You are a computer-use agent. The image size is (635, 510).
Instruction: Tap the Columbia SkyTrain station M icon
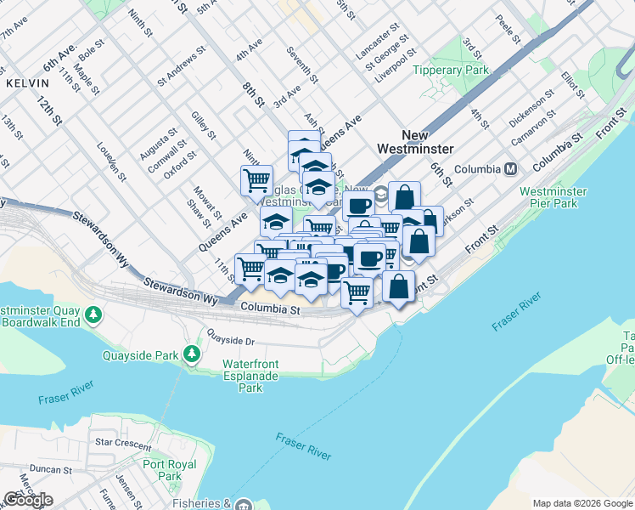click(511, 169)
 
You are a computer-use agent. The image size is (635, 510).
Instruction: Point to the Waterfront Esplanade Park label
click(250, 376)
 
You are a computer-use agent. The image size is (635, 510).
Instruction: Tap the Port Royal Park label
click(169, 470)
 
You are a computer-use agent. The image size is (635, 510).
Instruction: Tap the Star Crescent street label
click(124, 443)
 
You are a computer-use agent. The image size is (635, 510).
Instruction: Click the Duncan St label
click(51, 469)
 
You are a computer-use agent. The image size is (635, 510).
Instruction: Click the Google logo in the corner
click(28, 500)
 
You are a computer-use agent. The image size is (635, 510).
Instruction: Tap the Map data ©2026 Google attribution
click(582, 503)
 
